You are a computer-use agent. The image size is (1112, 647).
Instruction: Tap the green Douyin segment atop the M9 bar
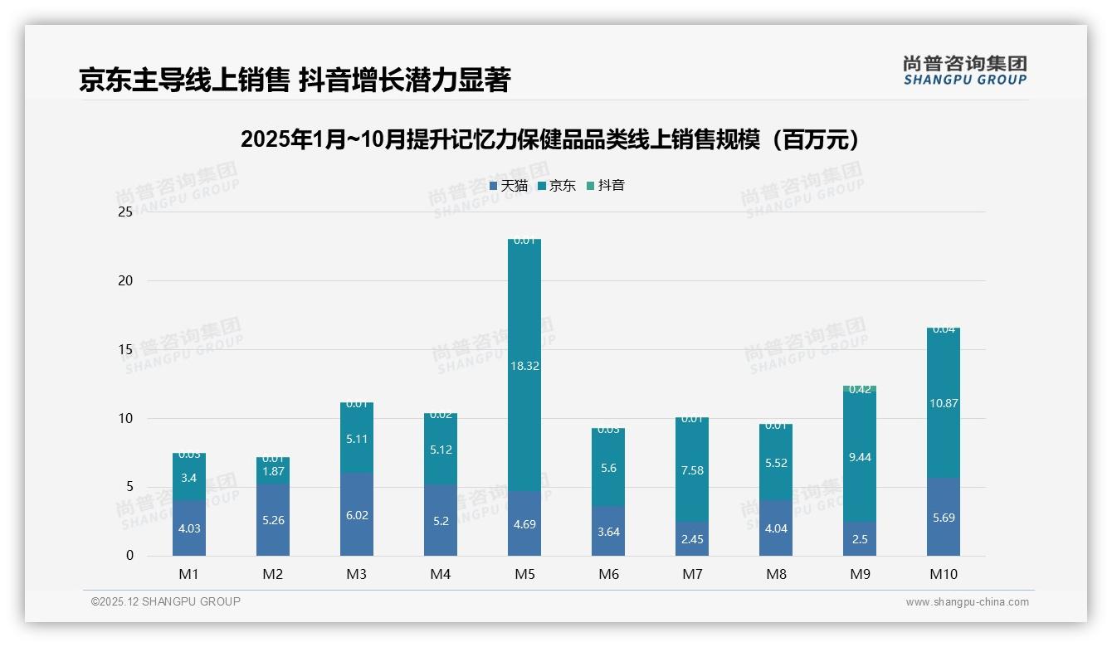[860, 388]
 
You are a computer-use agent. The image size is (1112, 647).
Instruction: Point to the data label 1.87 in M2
[273, 471]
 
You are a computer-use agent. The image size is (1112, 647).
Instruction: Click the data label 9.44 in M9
[860, 457]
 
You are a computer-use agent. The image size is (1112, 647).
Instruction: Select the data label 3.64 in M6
[608, 532]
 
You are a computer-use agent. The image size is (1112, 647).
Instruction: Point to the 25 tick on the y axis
[125, 212]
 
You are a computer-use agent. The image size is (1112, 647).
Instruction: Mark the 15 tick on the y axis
[125, 349]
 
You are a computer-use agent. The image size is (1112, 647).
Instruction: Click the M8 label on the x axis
[776, 574]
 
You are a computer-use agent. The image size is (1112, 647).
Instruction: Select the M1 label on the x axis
[189, 574]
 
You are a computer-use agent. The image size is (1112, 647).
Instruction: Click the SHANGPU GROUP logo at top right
[964, 71]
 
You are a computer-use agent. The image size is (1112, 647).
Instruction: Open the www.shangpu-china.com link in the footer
[967, 602]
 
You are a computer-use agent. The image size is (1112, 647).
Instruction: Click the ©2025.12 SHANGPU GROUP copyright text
[166, 601]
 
